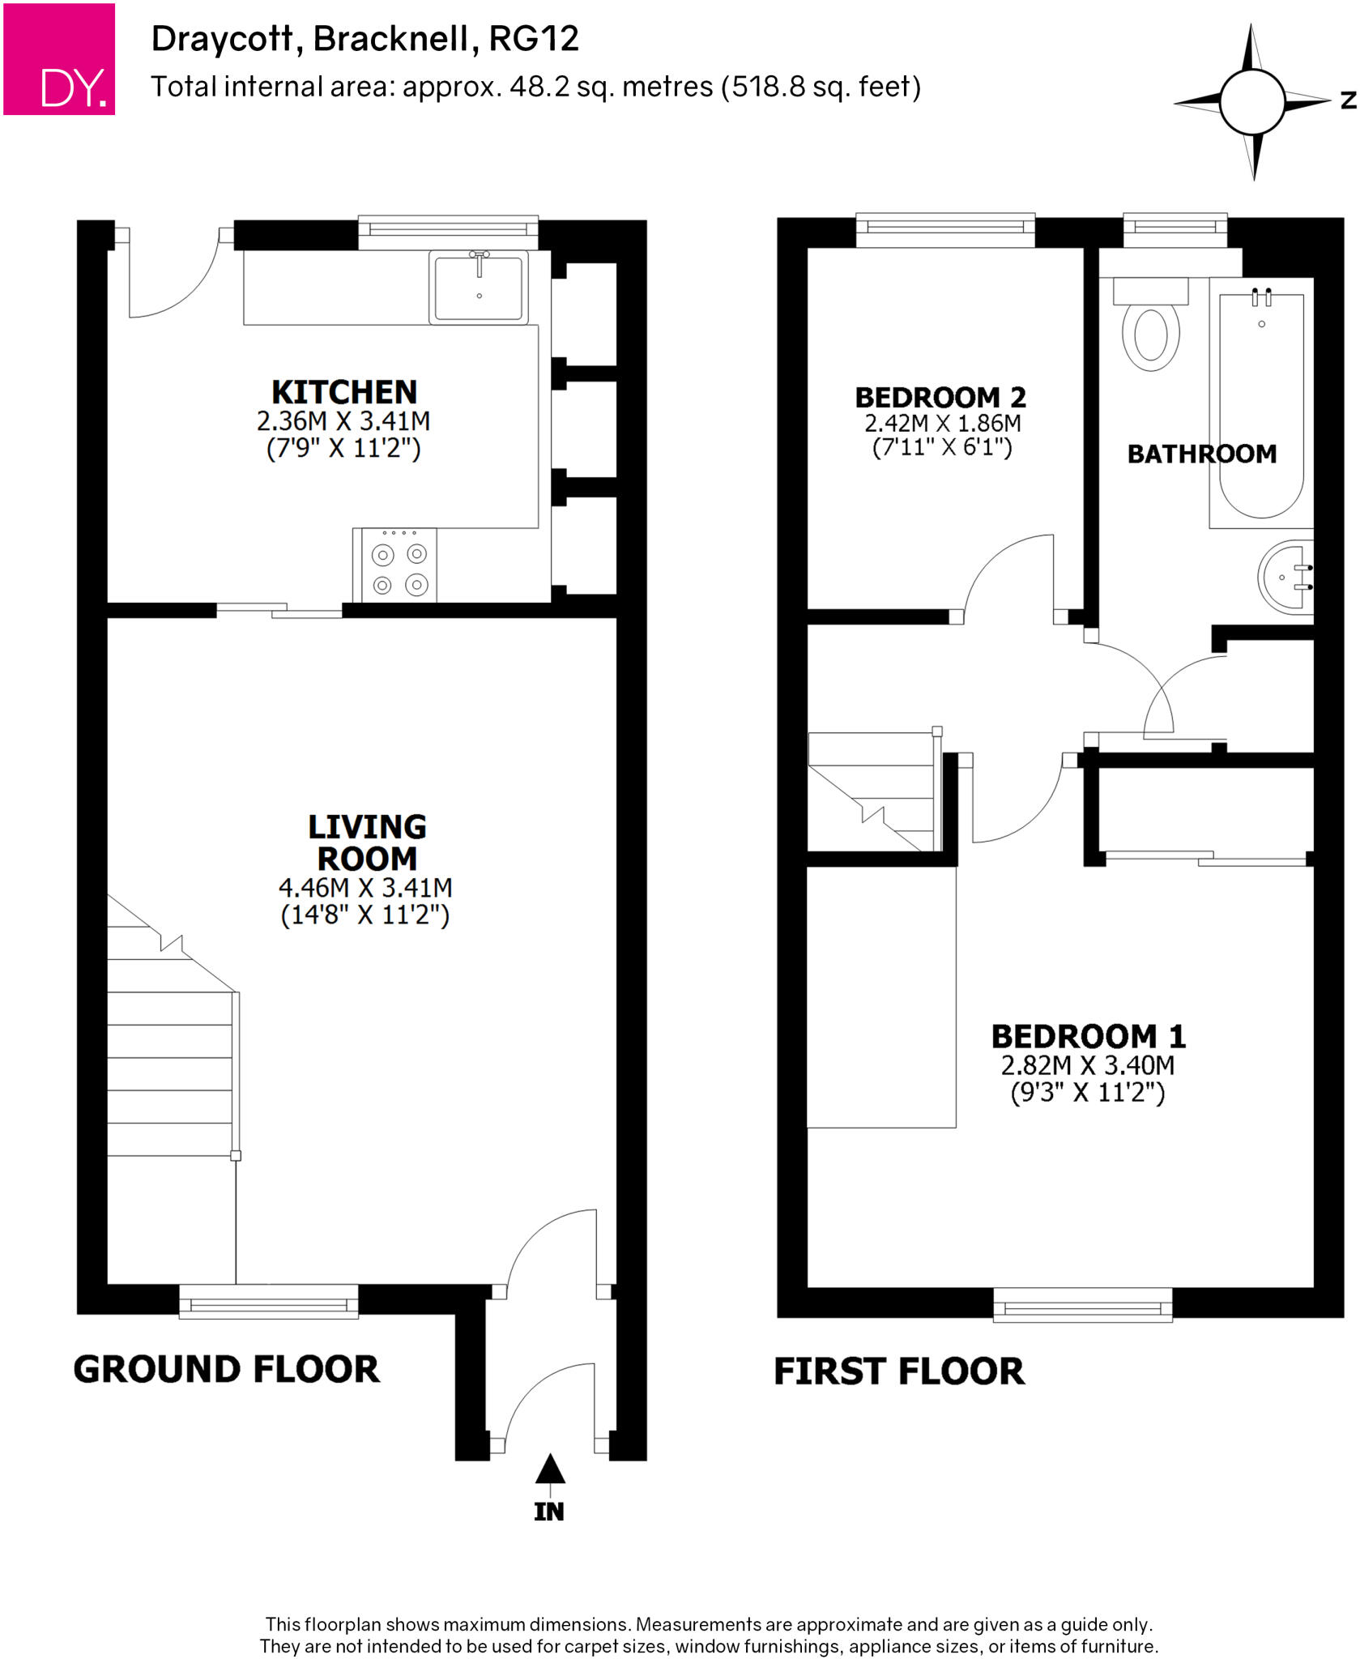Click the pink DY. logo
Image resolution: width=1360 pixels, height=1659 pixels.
[59, 59]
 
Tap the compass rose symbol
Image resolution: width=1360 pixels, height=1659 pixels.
[1251, 102]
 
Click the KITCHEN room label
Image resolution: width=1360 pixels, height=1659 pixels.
[344, 392]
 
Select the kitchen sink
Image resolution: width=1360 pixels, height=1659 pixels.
[479, 288]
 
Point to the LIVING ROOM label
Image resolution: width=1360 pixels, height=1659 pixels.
[367, 842]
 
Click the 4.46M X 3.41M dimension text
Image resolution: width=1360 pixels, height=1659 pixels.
[365, 888]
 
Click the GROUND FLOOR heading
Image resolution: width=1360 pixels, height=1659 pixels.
[226, 1370]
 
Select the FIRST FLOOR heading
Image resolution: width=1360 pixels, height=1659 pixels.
[898, 1372]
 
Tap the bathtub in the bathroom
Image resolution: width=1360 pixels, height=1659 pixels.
[1260, 405]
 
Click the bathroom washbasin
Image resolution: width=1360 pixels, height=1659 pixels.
[1287, 577]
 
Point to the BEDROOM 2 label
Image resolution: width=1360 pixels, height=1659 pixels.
[940, 398]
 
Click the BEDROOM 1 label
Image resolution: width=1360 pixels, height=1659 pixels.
[1088, 1037]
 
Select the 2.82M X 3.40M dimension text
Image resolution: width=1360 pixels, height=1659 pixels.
[1087, 1065]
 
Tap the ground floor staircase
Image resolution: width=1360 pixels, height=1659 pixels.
[170, 1045]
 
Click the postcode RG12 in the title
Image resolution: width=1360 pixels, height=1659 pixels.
[534, 39]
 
